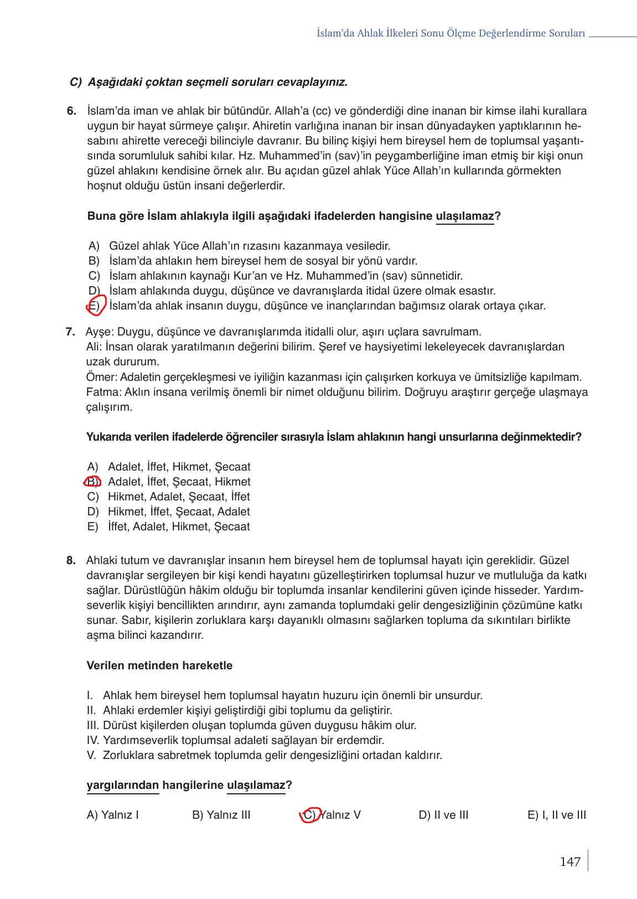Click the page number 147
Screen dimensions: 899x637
tap(569, 861)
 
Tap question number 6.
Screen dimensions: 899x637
tap(71, 111)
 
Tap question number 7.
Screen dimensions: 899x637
tap(70, 332)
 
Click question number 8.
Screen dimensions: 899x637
tap(71, 560)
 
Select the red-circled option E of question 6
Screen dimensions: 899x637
tap(95, 306)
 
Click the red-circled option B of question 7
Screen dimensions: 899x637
tap(92, 482)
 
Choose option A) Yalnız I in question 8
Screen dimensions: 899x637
tap(113, 815)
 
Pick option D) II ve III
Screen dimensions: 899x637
tap(443, 815)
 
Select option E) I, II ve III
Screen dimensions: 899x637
tap(556, 815)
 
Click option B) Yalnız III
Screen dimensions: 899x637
tap(221, 815)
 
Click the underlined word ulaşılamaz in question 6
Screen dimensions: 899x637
tap(464, 216)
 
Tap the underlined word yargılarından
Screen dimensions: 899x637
tap(122, 785)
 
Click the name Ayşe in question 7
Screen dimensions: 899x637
tap(99, 332)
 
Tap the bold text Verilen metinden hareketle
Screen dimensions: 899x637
tap(159, 665)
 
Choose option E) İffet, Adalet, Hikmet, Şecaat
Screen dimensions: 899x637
tap(169, 526)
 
